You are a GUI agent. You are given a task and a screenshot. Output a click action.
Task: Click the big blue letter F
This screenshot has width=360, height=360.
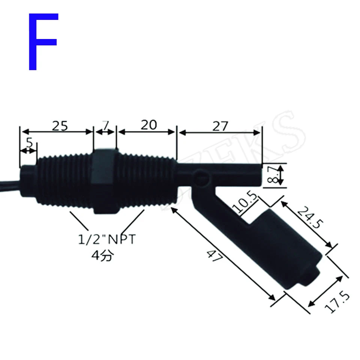click(x=42, y=41)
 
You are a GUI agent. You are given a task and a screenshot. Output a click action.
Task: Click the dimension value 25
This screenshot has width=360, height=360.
click(x=60, y=126)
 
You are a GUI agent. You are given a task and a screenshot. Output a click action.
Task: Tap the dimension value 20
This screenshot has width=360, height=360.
click(x=148, y=125)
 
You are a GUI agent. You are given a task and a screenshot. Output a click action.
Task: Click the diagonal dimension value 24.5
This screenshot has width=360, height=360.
click(x=310, y=219)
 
